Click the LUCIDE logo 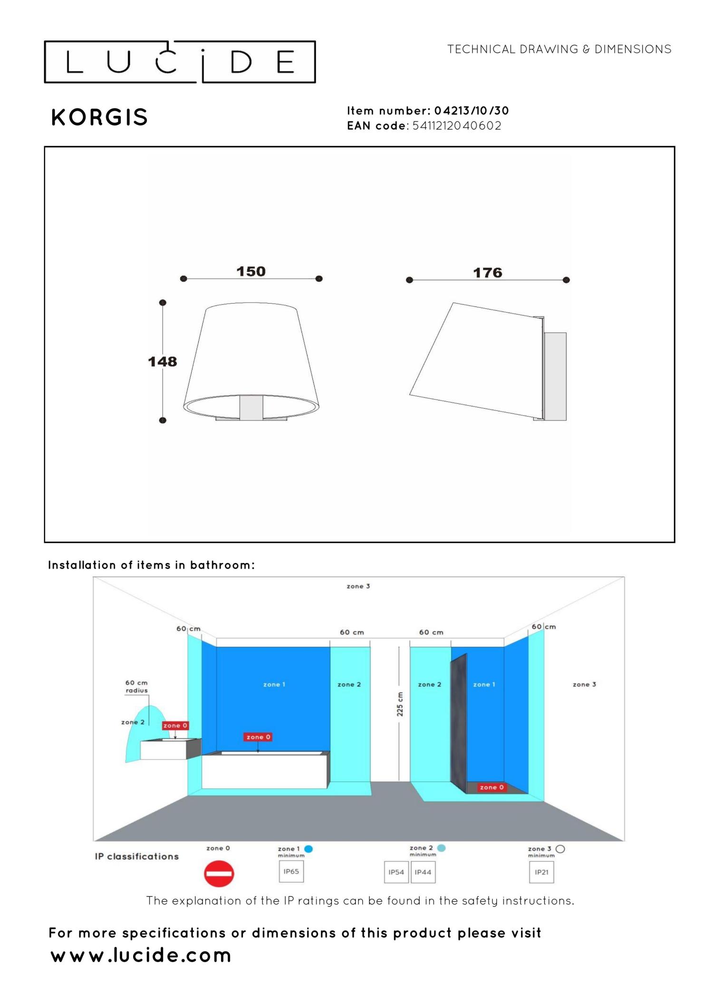180,62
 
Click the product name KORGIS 99,117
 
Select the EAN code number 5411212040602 456,126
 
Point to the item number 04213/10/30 471,111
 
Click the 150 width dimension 251,271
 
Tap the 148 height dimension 162,361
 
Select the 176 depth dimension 488,273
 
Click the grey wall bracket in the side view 555,376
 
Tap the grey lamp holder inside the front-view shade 251,407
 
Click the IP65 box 291,872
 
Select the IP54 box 396,872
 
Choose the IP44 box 423,872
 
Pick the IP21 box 541,872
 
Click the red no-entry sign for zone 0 219,874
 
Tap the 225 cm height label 400,704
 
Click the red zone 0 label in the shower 491,787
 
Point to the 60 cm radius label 136,686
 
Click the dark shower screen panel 459,722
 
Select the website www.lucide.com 141,955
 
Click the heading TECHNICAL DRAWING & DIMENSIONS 559,49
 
